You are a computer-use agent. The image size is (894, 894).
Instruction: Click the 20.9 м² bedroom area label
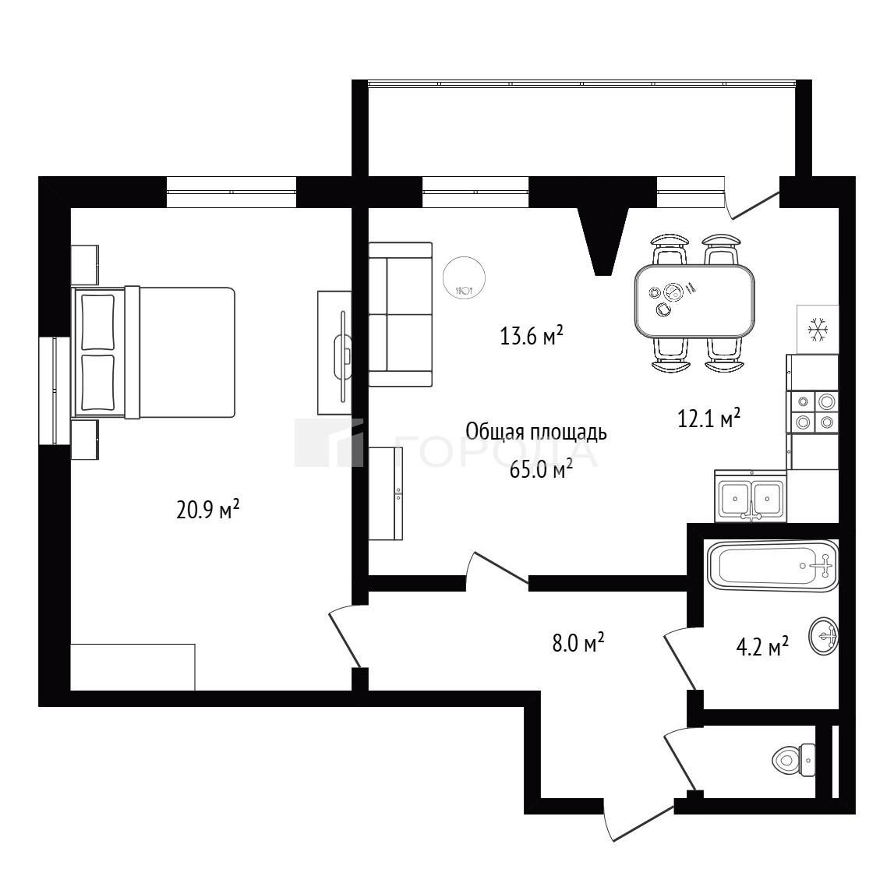[x=207, y=509]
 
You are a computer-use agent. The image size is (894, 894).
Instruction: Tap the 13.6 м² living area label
[x=532, y=335]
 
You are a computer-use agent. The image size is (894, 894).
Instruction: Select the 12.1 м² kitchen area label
[x=708, y=418]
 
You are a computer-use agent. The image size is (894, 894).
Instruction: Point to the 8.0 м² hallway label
[x=578, y=642]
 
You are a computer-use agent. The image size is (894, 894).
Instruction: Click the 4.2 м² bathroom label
[x=762, y=647]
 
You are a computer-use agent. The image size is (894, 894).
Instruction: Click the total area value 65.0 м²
[x=541, y=470]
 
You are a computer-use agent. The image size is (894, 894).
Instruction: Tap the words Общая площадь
[x=536, y=432]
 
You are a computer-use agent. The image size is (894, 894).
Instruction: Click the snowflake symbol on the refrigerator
[x=818, y=330]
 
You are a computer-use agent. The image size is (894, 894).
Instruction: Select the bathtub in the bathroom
[x=772, y=566]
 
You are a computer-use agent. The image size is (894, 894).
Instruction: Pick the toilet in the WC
[x=793, y=759]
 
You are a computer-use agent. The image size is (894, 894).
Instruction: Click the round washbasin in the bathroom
[x=823, y=635]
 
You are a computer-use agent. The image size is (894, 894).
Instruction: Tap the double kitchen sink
[x=751, y=495]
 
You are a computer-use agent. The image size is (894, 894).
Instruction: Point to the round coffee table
[x=464, y=278]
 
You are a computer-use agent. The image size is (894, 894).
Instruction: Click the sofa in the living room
[x=401, y=315]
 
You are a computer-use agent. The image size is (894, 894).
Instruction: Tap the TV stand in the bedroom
[x=334, y=353]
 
